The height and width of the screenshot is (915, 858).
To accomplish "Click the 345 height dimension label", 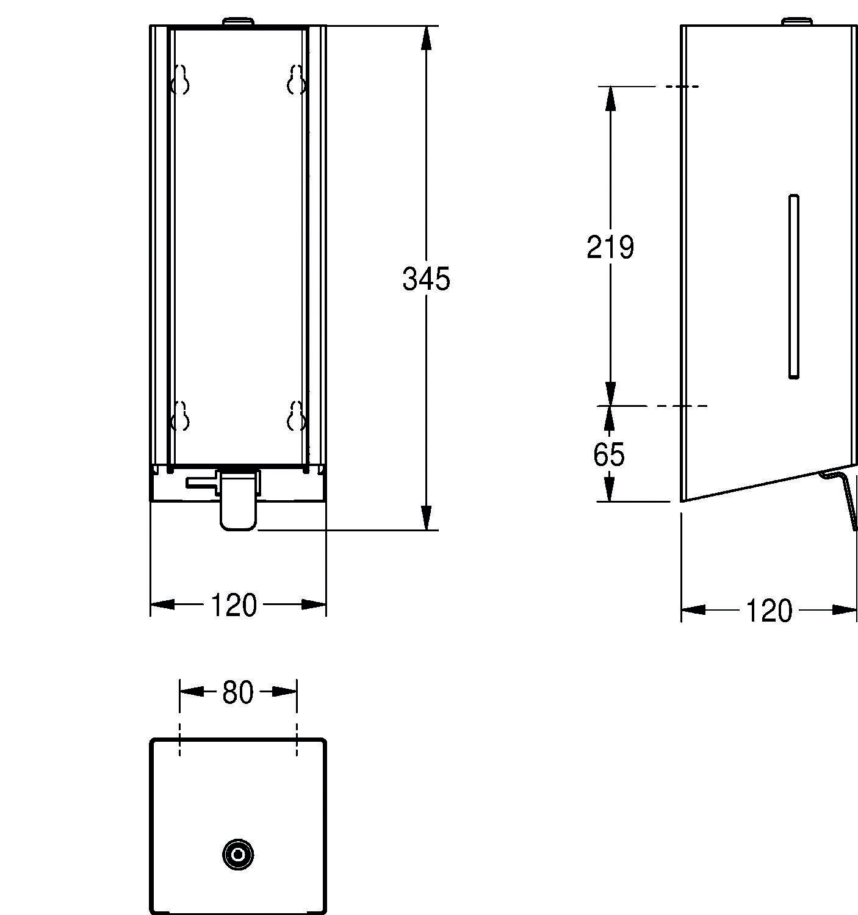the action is tap(426, 279).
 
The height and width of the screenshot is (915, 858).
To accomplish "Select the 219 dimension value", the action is tap(610, 247).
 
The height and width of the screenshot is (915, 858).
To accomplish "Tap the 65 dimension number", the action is tap(608, 454).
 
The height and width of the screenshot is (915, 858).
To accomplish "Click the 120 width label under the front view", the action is tap(233, 605).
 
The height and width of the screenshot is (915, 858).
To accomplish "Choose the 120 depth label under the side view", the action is tap(768, 611).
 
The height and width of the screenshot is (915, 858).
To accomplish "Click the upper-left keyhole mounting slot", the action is tap(180, 80).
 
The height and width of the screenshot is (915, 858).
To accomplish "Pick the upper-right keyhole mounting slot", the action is tap(297, 80).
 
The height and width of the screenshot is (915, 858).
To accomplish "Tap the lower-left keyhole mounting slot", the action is tap(180, 416).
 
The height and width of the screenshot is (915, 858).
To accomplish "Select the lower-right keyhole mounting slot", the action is tap(297, 416).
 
